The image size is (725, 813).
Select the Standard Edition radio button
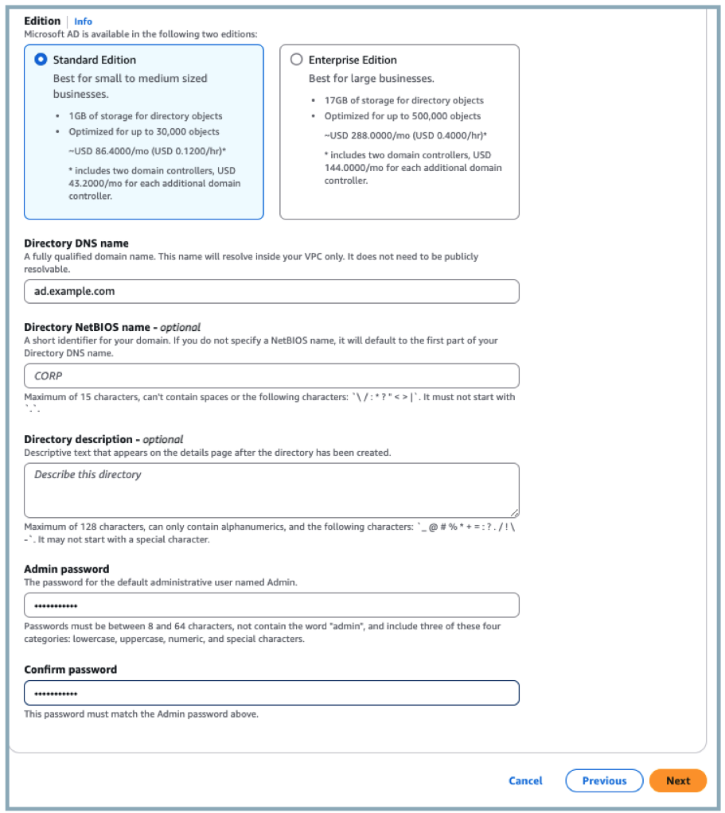(41, 60)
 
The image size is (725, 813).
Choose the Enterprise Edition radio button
(297, 60)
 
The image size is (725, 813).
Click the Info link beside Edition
(83, 21)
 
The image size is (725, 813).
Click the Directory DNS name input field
(271, 291)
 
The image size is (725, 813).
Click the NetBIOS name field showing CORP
(271, 375)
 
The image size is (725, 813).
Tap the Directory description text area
(271, 490)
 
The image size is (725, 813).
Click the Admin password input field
(271, 605)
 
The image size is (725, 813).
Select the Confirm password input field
(271, 693)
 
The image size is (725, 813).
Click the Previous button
(604, 780)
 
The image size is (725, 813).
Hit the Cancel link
(525, 780)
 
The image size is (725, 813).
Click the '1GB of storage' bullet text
(145, 116)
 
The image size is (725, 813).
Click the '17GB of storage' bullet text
(403, 101)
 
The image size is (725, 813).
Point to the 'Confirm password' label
(70, 670)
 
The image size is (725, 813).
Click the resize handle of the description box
(515, 513)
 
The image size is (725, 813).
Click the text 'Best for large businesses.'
(371, 79)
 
